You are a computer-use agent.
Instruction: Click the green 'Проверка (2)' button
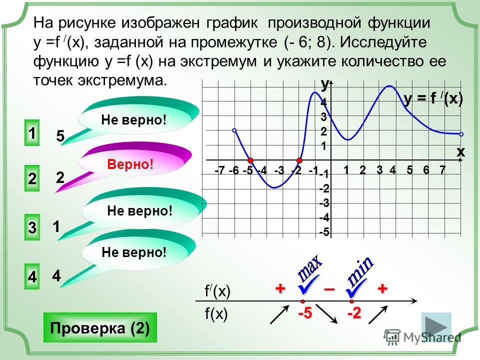point(100,327)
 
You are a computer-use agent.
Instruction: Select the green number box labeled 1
point(32,132)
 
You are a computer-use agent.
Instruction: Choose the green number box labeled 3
point(32,227)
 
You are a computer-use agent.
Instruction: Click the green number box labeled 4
point(32,276)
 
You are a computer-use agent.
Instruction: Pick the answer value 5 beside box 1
point(60,136)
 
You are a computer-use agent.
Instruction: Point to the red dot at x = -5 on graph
point(250,160)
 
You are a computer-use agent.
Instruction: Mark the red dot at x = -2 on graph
point(299,160)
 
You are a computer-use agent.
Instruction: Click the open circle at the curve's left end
point(234,130)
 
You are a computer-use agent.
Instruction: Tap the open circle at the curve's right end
point(461,134)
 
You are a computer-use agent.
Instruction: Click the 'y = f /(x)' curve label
point(433,98)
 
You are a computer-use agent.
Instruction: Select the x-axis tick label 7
point(442,169)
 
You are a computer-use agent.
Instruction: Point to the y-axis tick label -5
point(324,232)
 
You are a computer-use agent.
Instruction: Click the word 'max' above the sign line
point(310,268)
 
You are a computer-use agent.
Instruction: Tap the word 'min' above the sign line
point(360,270)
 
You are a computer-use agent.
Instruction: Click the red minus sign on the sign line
point(329,288)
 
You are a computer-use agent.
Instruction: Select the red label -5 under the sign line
point(305,313)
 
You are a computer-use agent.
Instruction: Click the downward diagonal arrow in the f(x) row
point(326,314)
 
